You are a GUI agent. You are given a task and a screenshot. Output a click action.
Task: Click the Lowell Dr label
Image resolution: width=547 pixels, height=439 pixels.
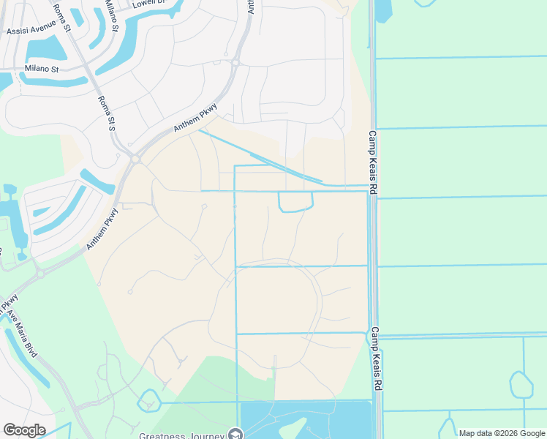145,3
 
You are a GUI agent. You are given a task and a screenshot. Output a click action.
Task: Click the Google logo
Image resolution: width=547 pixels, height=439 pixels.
24,430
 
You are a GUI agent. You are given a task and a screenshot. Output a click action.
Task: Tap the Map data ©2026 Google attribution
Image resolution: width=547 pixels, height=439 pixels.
502,433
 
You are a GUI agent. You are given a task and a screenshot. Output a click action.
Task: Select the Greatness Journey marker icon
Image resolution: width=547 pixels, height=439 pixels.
235,434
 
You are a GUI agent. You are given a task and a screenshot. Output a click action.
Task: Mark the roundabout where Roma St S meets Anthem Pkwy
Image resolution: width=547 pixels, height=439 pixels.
135,158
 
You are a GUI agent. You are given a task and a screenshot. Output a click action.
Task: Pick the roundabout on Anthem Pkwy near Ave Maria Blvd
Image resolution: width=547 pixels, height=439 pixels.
39,272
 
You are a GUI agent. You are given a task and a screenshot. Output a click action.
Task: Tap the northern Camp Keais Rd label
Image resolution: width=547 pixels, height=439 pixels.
372,162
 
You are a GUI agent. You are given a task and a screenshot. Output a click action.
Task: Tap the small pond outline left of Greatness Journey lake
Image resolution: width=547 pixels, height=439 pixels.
148,401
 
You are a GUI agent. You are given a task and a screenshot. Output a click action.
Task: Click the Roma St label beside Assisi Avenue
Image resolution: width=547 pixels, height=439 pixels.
61,19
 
